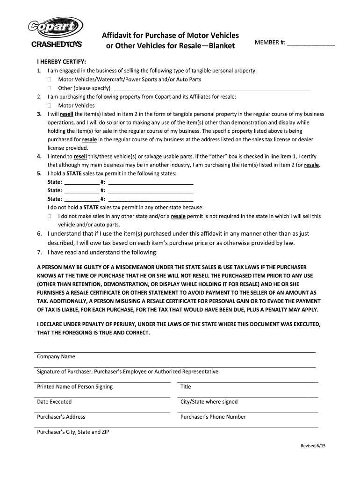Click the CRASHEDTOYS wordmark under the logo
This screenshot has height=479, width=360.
pyautogui.click(x=57, y=45)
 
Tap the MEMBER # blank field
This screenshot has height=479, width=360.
pyautogui.click(x=310, y=43)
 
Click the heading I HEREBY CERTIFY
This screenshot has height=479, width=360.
pyautogui.click(x=61, y=62)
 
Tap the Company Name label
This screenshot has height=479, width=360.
pyautogui.click(x=56, y=357)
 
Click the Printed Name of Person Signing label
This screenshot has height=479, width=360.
pyautogui.click(x=75, y=387)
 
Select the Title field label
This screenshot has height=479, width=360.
pyautogui.click(x=186, y=387)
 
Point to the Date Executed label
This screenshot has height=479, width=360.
pyautogui.click(x=54, y=402)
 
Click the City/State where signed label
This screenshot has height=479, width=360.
pyautogui.click(x=209, y=402)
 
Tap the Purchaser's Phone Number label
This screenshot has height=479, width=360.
pyautogui.click(x=213, y=417)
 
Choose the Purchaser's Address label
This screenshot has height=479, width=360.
pyautogui.click(x=61, y=417)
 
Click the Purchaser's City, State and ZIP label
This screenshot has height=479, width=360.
pyautogui.click(x=73, y=432)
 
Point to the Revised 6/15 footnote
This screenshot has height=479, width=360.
pyautogui.click(x=313, y=446)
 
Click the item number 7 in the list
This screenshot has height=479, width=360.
pyautogui.click(x=40, y=252)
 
